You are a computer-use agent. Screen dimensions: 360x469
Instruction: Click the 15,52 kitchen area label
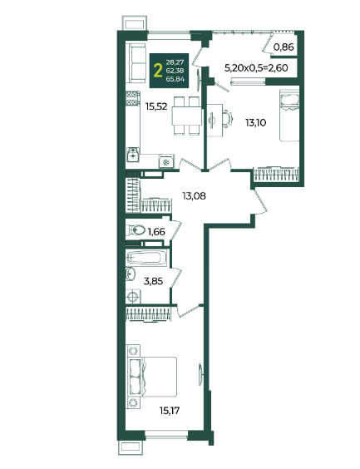click(156, 106)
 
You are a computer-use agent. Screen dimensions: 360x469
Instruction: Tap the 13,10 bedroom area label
click(256, 122)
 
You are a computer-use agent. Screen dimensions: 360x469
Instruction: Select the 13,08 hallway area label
click(195, 196)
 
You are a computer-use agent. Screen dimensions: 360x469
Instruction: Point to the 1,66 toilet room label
click(156, 231)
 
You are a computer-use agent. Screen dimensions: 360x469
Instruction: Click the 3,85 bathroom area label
click(153, 281)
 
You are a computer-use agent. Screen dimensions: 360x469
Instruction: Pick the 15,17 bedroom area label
click(170, 411)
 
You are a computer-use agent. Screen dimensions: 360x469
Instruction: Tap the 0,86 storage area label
click(284, 47)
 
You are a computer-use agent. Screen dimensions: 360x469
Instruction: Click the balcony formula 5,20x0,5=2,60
click(256, 68)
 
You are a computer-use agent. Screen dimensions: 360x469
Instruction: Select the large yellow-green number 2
click(158, 71)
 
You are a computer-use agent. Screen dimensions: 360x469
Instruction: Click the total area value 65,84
click(175, 79)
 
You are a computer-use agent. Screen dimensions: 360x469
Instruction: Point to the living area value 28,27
click(175, 62)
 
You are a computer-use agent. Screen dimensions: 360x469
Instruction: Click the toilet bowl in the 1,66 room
click(136, 230)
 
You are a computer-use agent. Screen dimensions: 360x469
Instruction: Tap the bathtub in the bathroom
click(146, 258)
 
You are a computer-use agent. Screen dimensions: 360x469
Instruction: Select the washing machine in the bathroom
click(133, 296)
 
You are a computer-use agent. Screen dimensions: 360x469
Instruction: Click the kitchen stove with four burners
click(133, 98)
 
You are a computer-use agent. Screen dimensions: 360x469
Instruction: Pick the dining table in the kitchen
click(187, 116)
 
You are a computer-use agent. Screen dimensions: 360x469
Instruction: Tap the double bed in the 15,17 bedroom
click(154, 377)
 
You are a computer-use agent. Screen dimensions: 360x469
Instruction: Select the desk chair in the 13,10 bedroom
click(227, 119)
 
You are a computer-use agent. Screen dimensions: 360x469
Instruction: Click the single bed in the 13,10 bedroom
click(289, 116)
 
